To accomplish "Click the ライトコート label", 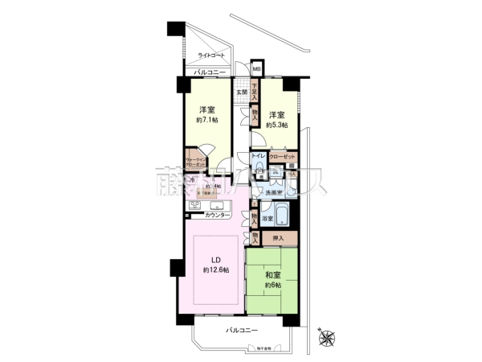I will click(212, 56).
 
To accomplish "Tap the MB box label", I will click(256, 68).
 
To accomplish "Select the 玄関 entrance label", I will click(241, 92).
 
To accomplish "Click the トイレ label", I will click(259, 154).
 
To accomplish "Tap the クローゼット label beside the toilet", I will click(282, 156).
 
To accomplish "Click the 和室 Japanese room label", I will click(272, 274).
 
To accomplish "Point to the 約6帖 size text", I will click(272, 286).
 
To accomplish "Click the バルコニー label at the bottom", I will click(240, 331).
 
